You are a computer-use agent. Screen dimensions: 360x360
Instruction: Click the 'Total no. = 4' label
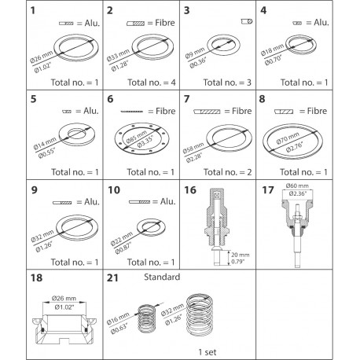point(146,81)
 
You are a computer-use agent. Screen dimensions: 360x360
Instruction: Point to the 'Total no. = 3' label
point(219,81)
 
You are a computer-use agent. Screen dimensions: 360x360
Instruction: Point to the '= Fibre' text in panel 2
point(160,25)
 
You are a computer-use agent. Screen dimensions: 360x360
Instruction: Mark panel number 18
point(13,277)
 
